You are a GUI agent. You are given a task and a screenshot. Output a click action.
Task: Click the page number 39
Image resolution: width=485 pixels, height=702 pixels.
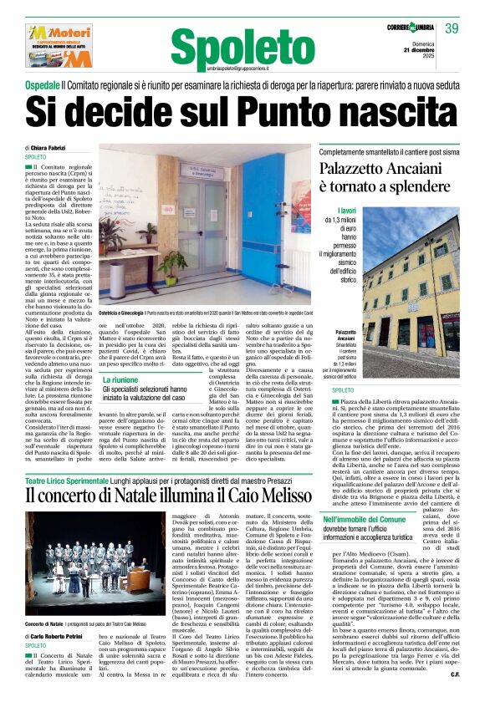pos(452,29)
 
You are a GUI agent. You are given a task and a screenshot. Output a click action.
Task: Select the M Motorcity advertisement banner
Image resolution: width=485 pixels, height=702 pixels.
pos(59,45)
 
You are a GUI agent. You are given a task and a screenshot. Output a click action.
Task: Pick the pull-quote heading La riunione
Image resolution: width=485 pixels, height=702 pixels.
pos(121,379)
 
